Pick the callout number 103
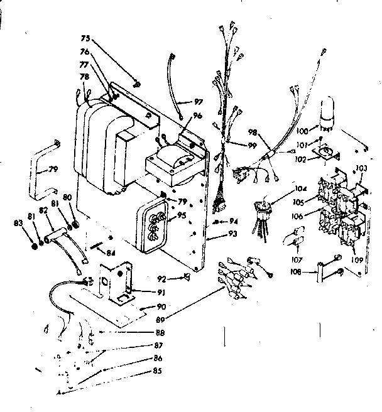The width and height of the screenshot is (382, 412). point(361,168)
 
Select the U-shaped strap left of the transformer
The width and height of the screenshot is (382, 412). point(42,168)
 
